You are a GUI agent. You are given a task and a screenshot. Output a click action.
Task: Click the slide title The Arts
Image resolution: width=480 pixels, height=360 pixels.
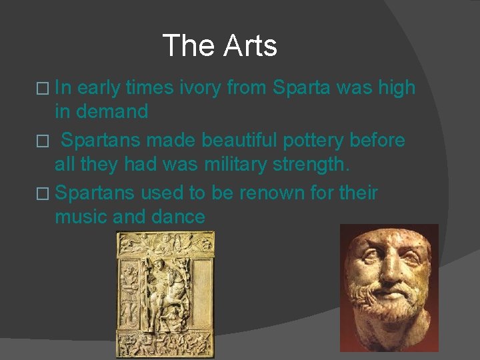(x=219, y=46)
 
